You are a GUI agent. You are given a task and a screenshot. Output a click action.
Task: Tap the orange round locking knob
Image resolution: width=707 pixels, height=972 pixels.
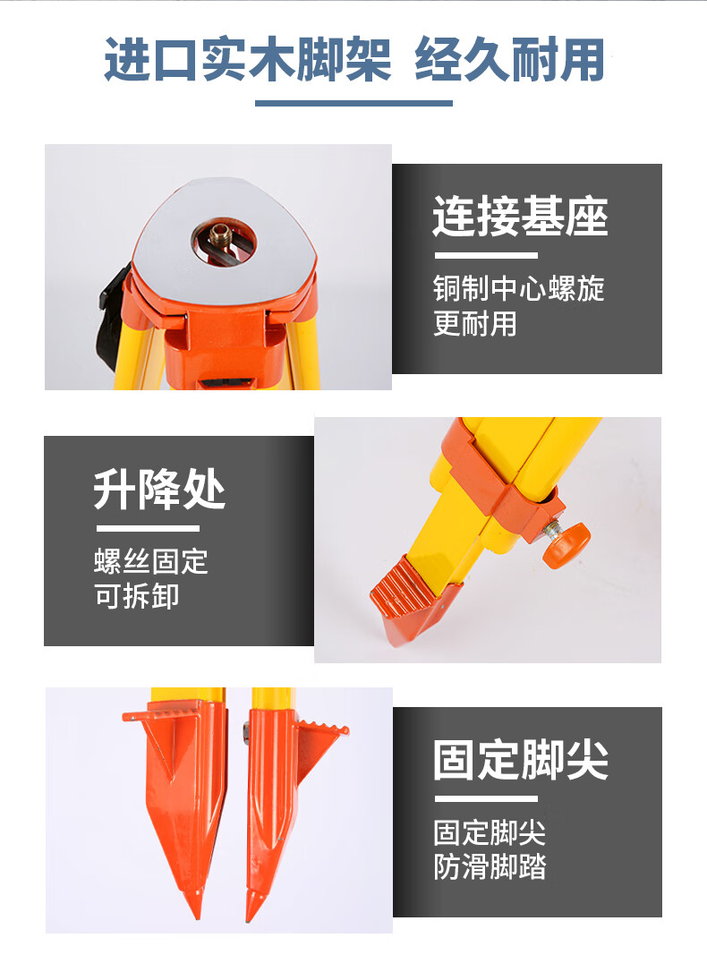[x=567, y=543]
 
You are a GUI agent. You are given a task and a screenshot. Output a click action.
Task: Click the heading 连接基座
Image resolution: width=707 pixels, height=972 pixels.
[x=520, y=217]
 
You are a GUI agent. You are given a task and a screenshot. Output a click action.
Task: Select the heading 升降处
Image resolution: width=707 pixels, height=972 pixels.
[x=159, y=489]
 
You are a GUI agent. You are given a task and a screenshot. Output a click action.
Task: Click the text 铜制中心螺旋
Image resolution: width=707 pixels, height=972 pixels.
[x=519, y=288]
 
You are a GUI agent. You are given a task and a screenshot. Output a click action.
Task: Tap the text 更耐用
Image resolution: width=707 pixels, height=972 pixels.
[x=475, y=323]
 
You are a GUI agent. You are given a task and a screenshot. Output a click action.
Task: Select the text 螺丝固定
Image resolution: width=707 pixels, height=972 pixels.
[x=151, y=561]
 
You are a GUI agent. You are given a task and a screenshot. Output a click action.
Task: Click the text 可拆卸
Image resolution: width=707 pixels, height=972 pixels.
[x=137, y=596]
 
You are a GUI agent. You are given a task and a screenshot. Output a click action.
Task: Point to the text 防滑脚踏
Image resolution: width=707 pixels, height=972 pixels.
[x=490, y=866]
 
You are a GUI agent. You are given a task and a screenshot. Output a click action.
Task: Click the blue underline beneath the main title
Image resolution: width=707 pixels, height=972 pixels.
[x=353, y=103]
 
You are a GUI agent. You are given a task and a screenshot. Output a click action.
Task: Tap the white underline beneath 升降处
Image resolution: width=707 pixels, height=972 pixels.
[x=148, y=528]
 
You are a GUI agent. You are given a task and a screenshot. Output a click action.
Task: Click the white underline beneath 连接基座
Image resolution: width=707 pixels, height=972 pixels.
[x=486, y=255]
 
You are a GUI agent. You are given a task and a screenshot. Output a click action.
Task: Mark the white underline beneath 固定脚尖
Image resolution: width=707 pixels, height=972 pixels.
[x=486, y=798]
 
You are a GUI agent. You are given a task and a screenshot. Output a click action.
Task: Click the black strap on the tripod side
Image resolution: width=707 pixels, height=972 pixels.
[x=112, y=316]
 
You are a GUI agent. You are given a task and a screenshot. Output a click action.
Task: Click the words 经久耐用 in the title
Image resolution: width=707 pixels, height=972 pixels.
[x=510, y=59]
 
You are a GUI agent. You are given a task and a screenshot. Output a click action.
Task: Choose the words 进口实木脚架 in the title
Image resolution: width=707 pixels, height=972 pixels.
[x=248, y=59]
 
